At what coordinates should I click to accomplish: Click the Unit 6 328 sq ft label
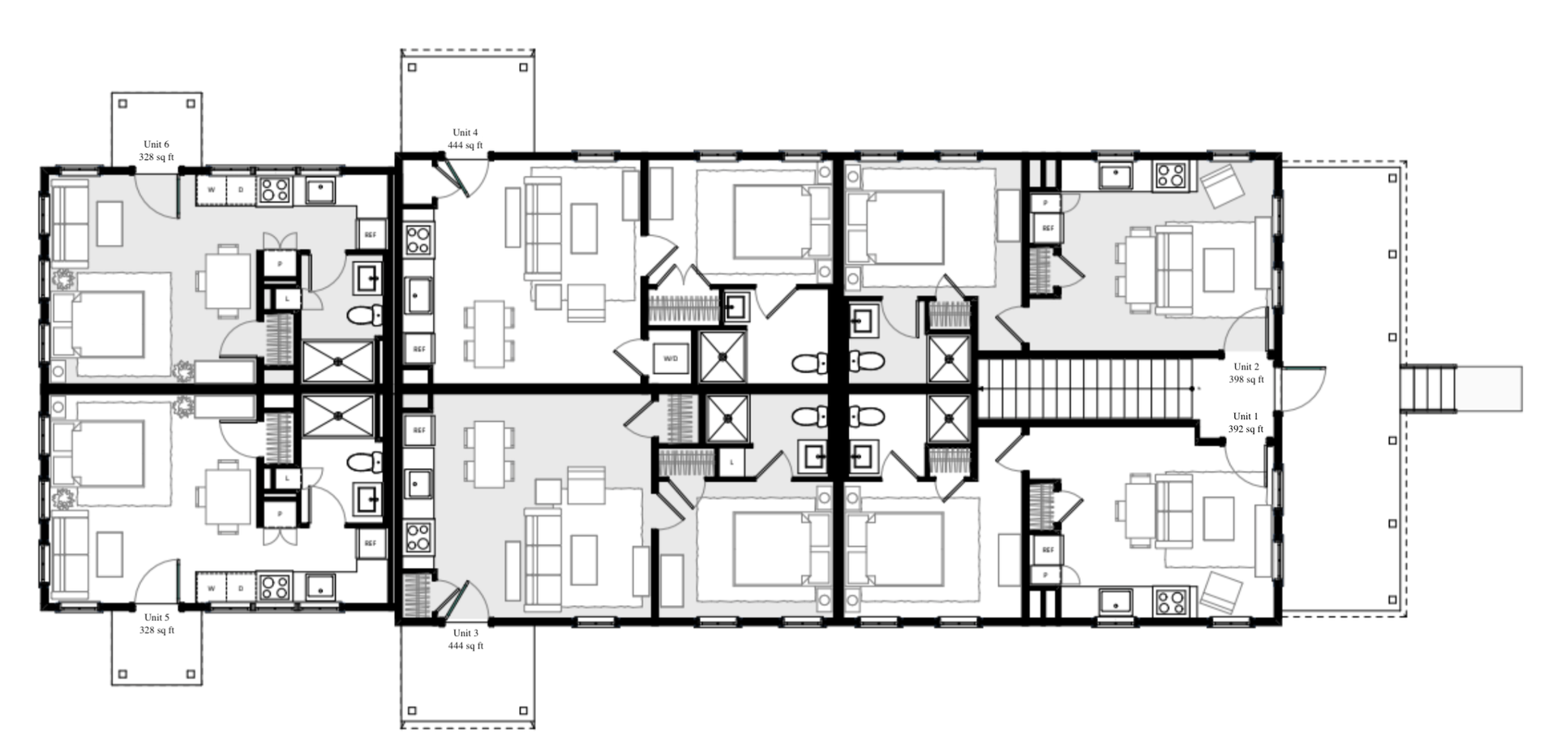point(157,151)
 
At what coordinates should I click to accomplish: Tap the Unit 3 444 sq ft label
point(465,639)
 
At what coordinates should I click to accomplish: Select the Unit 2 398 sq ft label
point(1246,373)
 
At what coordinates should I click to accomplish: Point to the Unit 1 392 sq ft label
point(1246,423)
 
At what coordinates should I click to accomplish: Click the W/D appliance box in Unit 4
point(671,358)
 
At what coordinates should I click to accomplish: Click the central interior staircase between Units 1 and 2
point(1087,389)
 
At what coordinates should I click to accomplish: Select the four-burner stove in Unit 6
point(275,190)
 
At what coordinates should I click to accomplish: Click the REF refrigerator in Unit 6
point(371,235)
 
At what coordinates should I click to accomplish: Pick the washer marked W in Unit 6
point(212,190)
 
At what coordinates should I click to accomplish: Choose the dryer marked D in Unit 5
point(241,587)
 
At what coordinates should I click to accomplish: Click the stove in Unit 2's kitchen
point(1171,174)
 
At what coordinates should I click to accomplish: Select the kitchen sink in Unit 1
point(1117,601)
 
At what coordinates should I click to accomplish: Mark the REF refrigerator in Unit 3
point(418,430)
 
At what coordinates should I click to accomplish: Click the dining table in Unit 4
point(489,333)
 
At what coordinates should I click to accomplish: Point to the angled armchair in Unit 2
point(1220,186)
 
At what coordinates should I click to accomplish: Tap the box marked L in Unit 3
point(732,462)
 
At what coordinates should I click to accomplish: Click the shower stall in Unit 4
point(723,356)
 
